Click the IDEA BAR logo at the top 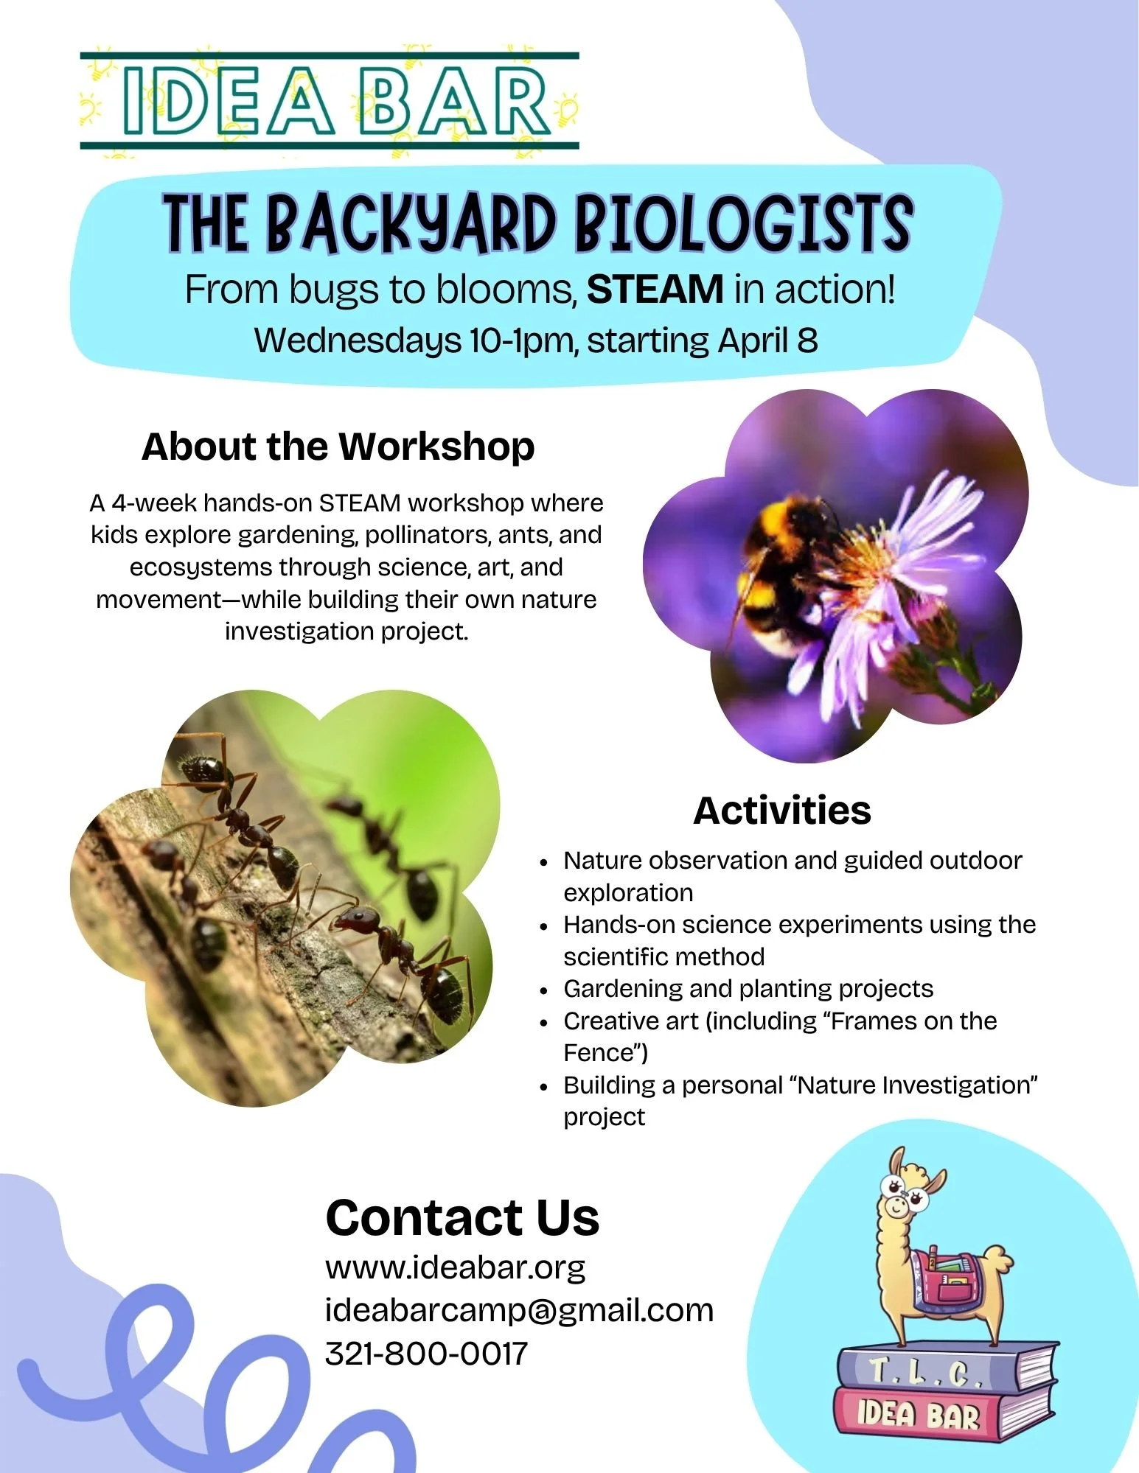tap(330, 101)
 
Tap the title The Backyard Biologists tap(538, 222)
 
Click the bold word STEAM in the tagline tap(655, 289)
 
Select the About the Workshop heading tap(338, 447)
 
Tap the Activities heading tap(782, 811)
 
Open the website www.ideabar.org tap(456, 1268)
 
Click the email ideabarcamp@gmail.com tap(519, 1311)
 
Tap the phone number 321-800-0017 tap(427, 1354)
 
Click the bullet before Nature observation tap(544, 861)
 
